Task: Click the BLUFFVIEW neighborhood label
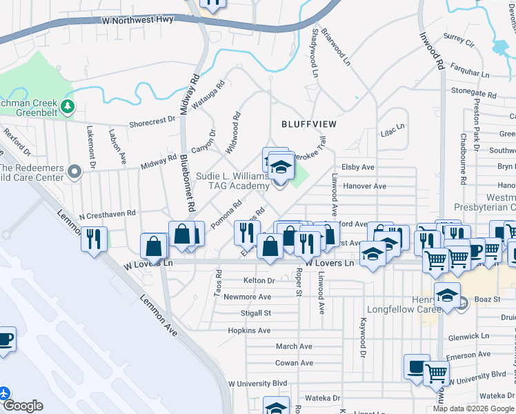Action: point(308,124)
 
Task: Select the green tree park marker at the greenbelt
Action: point(68,106)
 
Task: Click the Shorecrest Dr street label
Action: point(152,121)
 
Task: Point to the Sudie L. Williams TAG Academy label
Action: point(232,181)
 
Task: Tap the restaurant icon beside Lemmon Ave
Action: point(92,239)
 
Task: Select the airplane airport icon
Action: point(6,393)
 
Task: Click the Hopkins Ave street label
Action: point(249,331)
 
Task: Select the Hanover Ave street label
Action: point(365,186)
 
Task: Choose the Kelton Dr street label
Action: point(259,281)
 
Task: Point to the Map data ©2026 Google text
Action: point(473,408)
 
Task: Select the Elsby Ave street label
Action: point(357,167)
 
